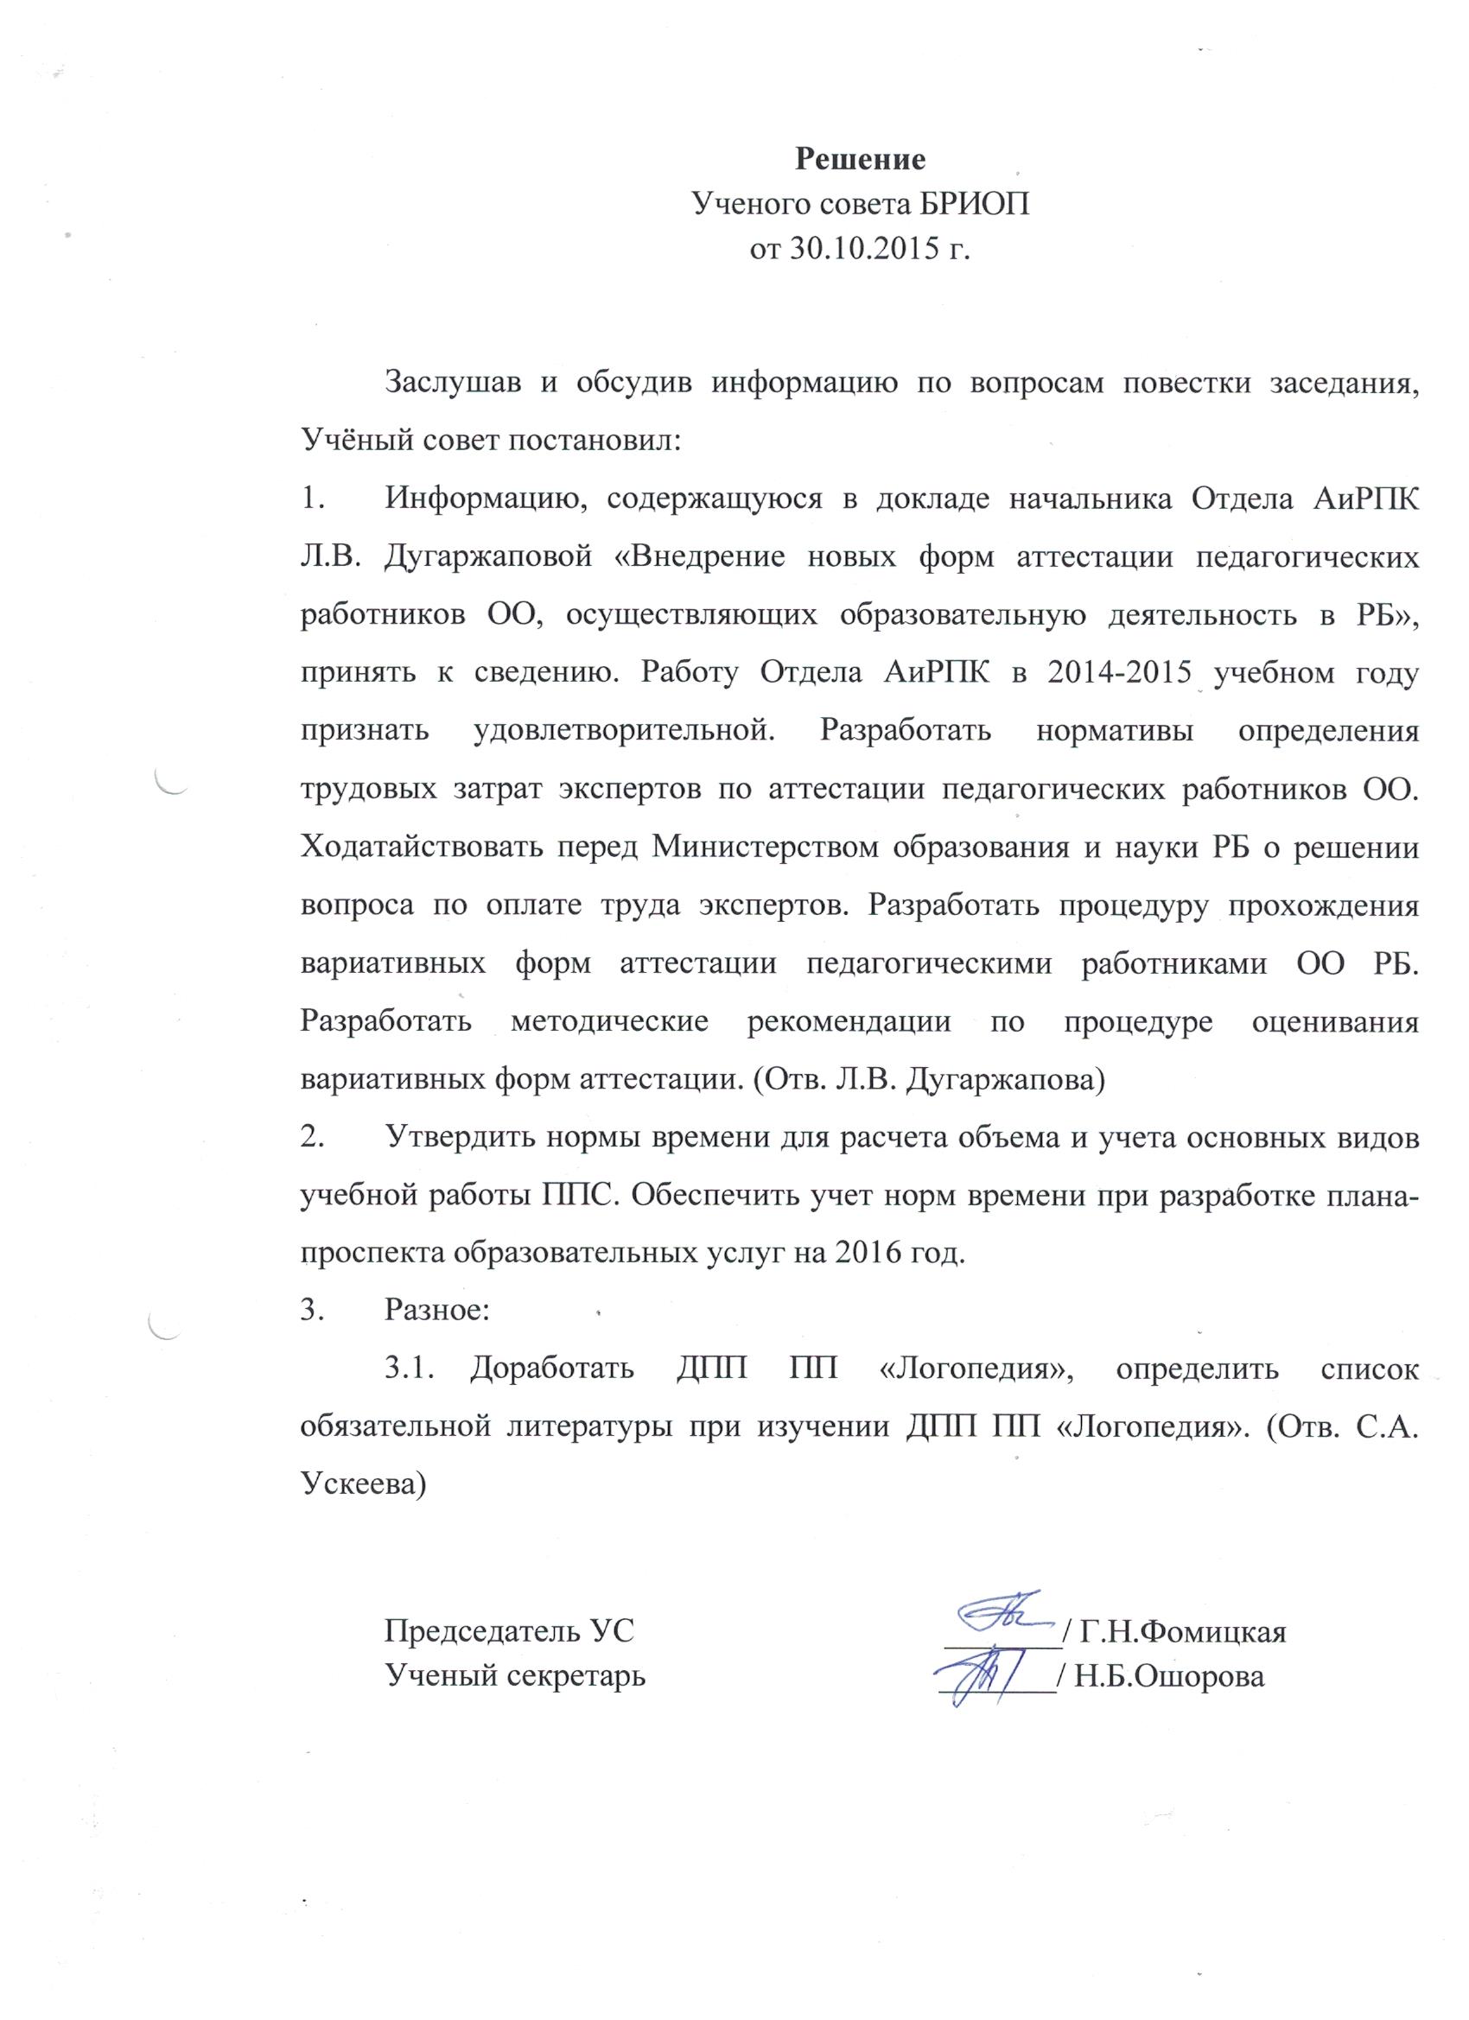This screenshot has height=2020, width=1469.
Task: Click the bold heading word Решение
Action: tap(861, 160)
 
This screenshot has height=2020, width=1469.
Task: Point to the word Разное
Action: tap(436, 1310)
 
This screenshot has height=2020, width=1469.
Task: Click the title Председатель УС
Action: tap(509, 1631)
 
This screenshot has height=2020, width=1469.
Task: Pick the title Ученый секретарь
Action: tap(515, 1675)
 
